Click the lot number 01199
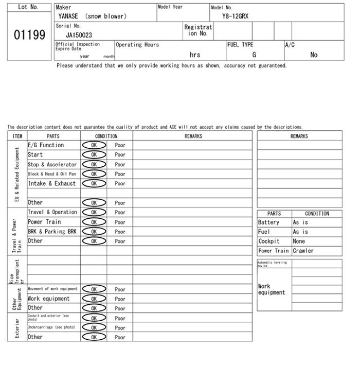click(29, 36)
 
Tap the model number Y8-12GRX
click(236, 16)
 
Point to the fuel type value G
click(254, 55)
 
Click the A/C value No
click(314, 55)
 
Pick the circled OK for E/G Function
click(94, 145)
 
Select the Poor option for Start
click(120, 154)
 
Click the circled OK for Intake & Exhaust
click(94, 183)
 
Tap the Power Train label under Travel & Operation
click(44, 222)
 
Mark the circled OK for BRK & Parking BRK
click(94, 232)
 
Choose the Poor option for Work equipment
click(120, 299)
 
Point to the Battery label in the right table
click(268, 222)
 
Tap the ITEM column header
click(17, 136)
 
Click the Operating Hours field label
click(137, 45)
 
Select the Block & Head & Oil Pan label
click(51, 174)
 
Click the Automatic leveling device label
click(273, 264)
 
